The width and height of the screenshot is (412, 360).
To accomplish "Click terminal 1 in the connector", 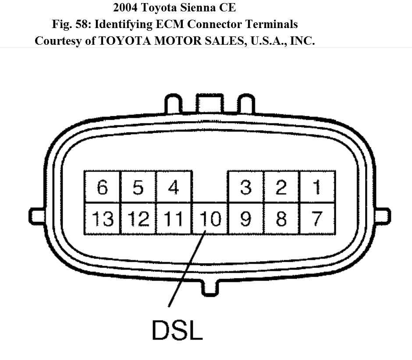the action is pos(317,187).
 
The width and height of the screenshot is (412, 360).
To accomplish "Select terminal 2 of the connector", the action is pos(281,187).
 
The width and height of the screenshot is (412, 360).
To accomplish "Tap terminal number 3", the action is pos(246,187).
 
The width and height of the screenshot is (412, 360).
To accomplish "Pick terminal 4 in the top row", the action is pos(174,187).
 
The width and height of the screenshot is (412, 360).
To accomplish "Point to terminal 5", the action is pos(138,187).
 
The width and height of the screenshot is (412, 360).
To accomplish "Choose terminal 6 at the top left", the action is pos(102,187).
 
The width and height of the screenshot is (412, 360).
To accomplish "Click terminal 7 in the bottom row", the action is pos(317,218).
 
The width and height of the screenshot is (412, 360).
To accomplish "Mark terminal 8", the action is pos(281,218).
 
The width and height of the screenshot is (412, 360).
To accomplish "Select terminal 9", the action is pos(246,218).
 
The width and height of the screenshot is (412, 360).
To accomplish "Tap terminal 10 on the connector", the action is pos(210,218).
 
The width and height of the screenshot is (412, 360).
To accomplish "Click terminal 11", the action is pos(174,218).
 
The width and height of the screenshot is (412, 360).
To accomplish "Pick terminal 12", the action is pos(138,218).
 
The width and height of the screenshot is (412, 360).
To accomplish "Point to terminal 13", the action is pos(102,218).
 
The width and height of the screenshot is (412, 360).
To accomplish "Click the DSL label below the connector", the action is pos(177,330).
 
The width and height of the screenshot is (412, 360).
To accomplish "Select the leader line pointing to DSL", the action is pos(186,270).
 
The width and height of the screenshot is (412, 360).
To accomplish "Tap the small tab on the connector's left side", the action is pos(37,216).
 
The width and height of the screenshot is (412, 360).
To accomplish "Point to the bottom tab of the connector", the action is pos(210,287).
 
